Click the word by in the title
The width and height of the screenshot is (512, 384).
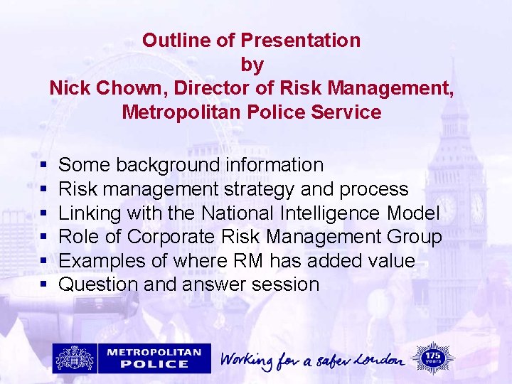coord(252,65)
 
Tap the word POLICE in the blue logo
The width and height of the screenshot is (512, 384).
coord(159,363)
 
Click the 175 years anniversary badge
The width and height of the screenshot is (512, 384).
coord(432,357)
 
